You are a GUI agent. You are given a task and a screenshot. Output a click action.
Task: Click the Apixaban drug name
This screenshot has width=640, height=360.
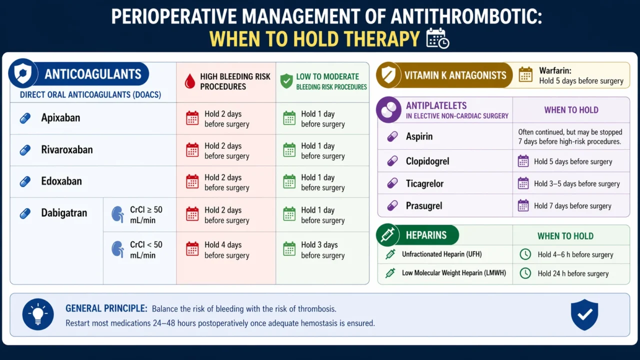[60, 118]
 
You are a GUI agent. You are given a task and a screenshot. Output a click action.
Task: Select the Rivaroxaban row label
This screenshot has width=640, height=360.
[66, 150]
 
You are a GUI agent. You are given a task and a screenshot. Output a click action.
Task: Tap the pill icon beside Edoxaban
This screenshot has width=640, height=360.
[25, 181]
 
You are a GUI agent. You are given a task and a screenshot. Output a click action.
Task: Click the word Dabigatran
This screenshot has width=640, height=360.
[64, 213]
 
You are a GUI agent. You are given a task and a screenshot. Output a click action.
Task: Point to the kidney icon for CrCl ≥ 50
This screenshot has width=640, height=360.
[117, 214]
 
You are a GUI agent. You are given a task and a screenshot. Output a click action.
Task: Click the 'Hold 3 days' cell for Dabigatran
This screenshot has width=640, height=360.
[319, 250]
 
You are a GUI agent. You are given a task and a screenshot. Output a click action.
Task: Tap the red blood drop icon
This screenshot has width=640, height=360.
[190, 81]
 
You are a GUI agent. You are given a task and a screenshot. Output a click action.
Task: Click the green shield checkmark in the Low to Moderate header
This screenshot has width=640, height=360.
[286, 81]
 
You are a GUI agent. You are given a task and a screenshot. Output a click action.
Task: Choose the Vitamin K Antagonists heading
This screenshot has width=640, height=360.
[455, 75]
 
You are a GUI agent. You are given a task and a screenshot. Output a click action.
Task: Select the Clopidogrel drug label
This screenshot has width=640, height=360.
[427, 161]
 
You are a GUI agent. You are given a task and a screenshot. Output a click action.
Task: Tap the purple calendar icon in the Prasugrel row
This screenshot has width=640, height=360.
[523, 205]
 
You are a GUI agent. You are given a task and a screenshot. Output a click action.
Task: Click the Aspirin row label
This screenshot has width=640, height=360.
[419, 136]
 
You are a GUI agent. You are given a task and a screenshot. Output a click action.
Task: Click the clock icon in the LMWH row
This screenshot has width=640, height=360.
[525, 273]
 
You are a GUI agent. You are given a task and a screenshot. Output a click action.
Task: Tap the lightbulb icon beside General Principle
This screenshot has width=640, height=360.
[38, 314]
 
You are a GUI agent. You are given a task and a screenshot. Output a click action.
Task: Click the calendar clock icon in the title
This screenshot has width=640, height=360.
[437, 38]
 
